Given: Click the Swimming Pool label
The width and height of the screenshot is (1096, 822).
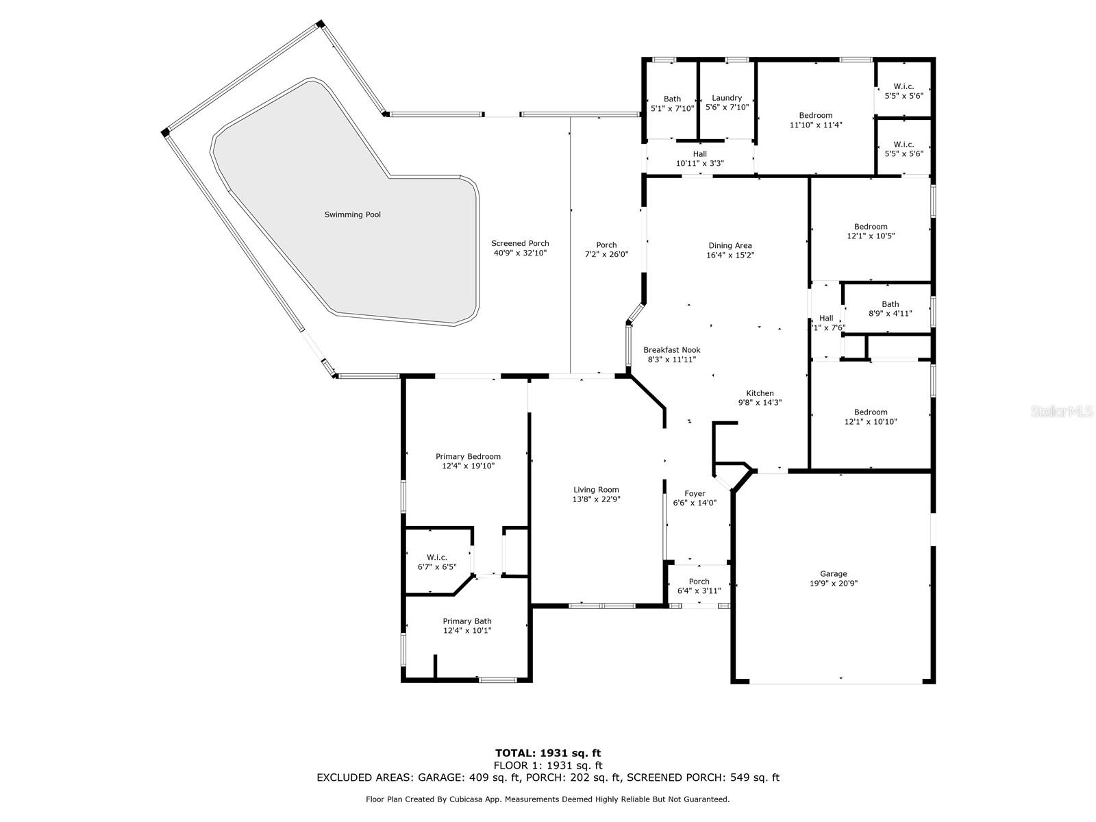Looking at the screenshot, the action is click(x=353, y=214).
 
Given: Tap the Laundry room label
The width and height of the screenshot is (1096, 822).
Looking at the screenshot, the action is click(x=727, y=98).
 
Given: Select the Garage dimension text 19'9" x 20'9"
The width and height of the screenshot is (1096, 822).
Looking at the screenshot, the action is click(x=834, y=583).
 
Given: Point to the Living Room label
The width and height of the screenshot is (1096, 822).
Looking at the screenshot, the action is click(x=596, y=490).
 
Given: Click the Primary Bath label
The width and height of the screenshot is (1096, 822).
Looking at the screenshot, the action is click(x=467, y=621).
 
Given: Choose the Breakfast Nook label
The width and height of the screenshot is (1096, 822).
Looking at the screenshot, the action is click(x=671, y=350).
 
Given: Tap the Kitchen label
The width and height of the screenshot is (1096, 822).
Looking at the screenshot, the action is click(x=760, y=393).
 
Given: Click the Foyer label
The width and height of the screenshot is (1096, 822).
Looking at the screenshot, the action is click(x=695, y=493).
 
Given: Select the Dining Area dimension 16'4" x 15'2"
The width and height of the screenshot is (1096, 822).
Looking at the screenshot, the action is click(x=730, y=255).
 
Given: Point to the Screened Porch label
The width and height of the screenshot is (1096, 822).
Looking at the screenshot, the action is click(x=521, y=243).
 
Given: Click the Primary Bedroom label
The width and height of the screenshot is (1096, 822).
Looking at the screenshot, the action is click(x=468, y=456).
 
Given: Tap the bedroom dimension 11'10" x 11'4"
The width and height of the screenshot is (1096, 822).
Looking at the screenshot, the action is click(x=816, y=125).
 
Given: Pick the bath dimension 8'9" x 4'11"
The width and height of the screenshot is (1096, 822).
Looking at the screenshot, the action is click(x=891, y=314).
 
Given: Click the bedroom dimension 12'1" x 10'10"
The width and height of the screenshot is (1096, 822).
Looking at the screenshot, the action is click(x=871, y=421).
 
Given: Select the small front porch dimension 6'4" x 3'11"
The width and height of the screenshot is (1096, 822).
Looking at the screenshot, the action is click(x=699, y=591).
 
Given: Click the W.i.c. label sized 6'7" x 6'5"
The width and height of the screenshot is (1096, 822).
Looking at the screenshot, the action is click(x=437, y=557).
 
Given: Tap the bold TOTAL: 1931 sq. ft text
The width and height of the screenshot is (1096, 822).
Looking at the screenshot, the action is click(x=548, y=753).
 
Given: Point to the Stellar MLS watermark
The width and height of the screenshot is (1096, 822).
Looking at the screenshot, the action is click(x=1061, y=411).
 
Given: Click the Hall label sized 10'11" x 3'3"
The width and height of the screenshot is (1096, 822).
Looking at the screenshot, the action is click(x=699, y=154).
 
